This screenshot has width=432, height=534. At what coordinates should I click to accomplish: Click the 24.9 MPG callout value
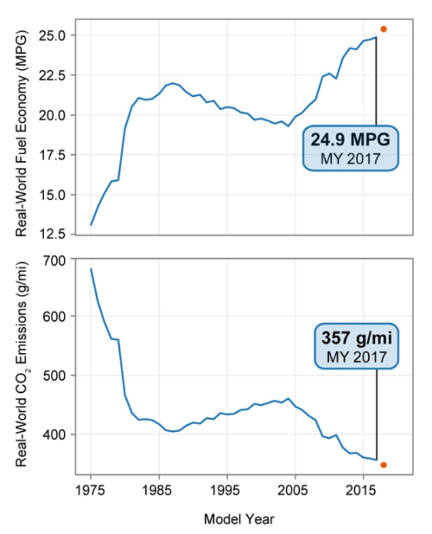point(350,139)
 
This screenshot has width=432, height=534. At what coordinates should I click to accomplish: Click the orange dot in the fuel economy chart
point(383,29)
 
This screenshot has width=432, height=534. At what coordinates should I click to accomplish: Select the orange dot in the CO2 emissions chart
point(383,465)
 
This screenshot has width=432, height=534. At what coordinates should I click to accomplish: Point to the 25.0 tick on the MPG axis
point(53,35)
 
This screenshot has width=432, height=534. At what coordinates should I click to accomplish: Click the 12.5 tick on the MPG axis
point(53,234)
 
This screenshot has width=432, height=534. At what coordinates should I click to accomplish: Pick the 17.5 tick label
point(53,155)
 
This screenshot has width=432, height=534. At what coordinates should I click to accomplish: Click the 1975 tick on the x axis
point(91,490)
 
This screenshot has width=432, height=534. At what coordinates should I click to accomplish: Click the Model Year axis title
point(239,520)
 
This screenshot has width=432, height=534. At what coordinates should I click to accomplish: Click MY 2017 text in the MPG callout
point(350,159)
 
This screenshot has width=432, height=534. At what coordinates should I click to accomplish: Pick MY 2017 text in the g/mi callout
point(357,357)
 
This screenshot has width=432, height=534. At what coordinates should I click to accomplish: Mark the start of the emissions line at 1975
point(91,269)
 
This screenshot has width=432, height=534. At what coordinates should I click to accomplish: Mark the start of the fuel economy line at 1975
point(91,225)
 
